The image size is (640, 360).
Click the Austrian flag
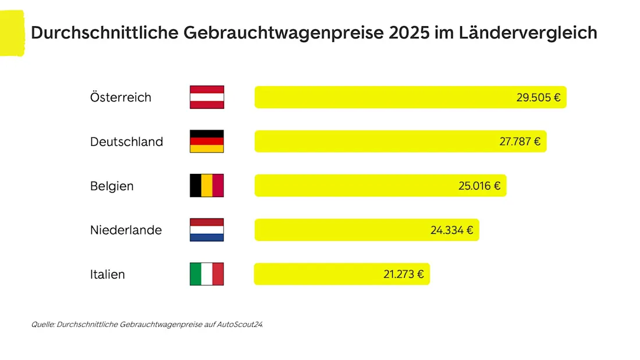pyautogui.click(x=207, y=97)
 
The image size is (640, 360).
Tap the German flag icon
pyautogui.click(x=207, y=141)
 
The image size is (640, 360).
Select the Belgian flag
pyautogui.click(x=207, y=186)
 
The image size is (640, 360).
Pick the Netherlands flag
pyautogui.click(x=207, y=230)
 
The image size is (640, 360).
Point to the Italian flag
pyautogui.click(x=207, y=274)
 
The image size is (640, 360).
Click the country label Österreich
pyautogui.click(x=120, y=97)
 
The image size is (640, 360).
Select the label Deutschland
pyautogui.click(x=126, y=141)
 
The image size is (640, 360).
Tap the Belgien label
pyautogui.click(x=112, y=186)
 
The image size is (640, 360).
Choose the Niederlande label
pyautogui.click(x=126, y=230)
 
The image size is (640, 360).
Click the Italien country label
pyautogui.click(x=108, y=274)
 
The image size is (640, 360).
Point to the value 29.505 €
pyautogui.click(x=538, y=97)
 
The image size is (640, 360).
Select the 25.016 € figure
pyautogui.click(x=479, y=186)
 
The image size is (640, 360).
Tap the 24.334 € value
pyautogui.click(x=451, y=230)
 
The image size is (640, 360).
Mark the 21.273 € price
pyautogui.click(x=403, y=274)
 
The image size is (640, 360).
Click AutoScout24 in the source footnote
pyautogui.click(x=240, y=325)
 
